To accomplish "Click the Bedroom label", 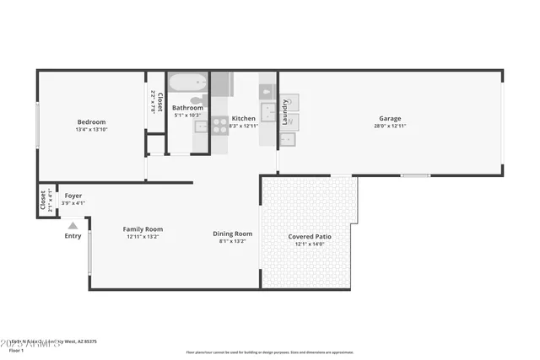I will point(90,121).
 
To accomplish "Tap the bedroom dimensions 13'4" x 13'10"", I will point(90,131).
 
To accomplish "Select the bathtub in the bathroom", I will point(186,83).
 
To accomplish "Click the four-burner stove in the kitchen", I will point(219,126).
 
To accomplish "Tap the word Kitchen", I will point(243,119).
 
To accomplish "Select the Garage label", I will point(389,119).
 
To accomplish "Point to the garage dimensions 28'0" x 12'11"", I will point(389,126).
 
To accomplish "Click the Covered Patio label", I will point(310,237).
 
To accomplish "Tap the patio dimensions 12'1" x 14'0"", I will point(310,244).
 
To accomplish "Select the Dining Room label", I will point(232,234).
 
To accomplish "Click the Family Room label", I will point(143,228).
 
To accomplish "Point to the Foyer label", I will point(73,195).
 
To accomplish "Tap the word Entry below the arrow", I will point(73,235).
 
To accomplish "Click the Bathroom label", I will point(187,108).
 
